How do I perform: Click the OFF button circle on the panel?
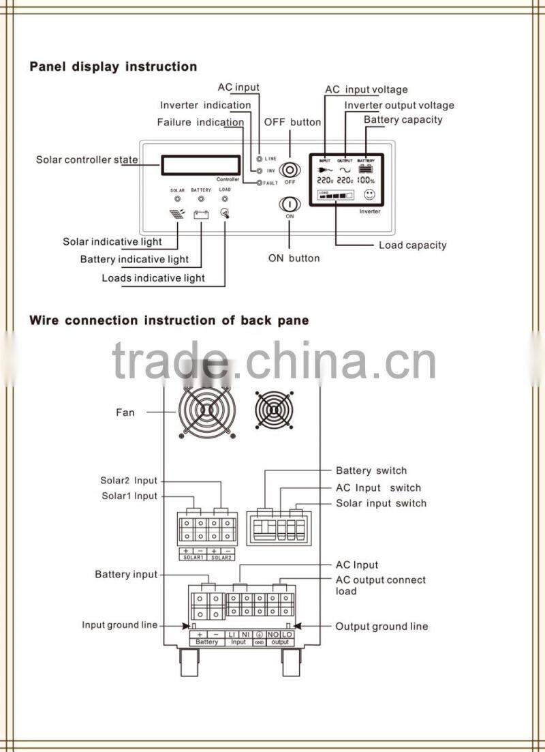click(x=290, y=169)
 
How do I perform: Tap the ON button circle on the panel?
click(x=289, y=204)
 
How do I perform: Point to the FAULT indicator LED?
click(x=258, y=183)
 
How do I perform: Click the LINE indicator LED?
click(x=259, y=158)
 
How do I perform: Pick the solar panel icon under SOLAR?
click(x=177, y=214)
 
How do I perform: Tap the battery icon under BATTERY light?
click(x=201, y=214)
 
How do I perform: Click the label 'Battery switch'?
click(x=371, y=470)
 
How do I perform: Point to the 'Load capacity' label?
click(x=412, y=245)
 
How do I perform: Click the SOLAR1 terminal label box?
click(x=191, y=557)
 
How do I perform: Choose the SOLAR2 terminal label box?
click(x=221, y=557)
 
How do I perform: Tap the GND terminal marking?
click(x=260, y=642)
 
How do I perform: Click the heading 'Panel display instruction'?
click(x=113, y=67)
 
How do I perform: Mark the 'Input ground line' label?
click(x=120, y=625)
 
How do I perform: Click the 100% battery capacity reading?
click(x=367, y=181)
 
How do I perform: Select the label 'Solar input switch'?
click(x=381, y=503)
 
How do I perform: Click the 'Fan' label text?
click(x=125, y=412)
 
